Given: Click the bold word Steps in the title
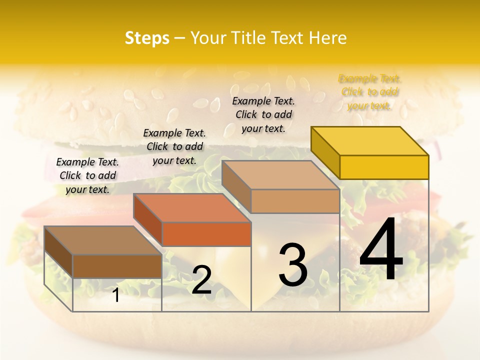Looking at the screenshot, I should pyautogui.click(x=147, y=38).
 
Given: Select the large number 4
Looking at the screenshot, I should pyautogui.click(x=381, y=251).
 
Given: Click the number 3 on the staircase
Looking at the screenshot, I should pyautogui.click(x=293, y=265).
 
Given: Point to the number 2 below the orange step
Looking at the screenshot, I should pyautogui.click(x=201, y=280).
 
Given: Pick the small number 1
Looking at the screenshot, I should pyautogui.click(x=116, y=295).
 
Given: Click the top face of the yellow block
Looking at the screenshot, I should pyautogui.click(x=370, y=141).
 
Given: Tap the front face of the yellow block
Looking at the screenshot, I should pyautogui.click(x=384, y=167).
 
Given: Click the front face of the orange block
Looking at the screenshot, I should pyautogui.click(x=206, y=234).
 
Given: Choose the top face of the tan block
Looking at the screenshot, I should pyautogui.click(x=280, y=175).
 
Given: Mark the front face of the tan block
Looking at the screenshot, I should pyautogui.click(x=295, y=201).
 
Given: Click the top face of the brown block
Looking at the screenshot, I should pyautogui.click(x=103, y=240).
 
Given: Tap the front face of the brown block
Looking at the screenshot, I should pyautogui.click(x=117, y=266).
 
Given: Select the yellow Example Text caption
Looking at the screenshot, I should pyautogui.click(x=370, y=92).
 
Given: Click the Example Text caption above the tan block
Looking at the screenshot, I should pyautogui.click(x=263, y=114).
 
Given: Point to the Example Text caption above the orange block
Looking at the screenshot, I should pyautogui.click(x=174, y=146).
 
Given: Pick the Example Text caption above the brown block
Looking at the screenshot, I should pyautogui.click(x=87, y=175).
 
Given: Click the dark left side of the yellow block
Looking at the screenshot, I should pyautogui.click(x=325, y=153).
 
